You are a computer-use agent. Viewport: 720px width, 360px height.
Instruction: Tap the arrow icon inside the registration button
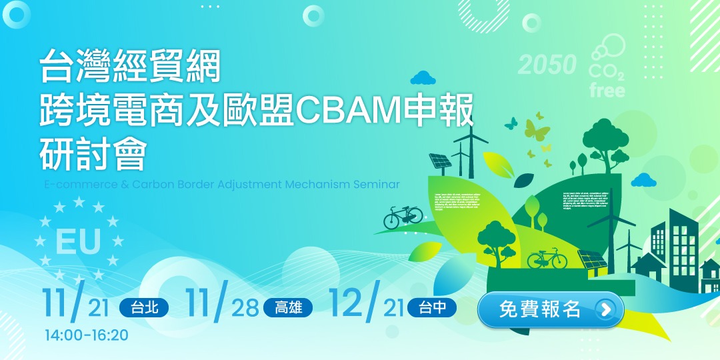605,310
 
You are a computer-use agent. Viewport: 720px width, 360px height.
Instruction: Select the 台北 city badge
144,308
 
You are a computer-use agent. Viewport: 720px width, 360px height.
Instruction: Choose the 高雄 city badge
288,308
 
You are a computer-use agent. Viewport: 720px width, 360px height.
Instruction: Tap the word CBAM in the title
347,111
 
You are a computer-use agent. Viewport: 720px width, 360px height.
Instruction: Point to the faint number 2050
547,65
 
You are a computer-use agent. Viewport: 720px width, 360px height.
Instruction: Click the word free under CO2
607,90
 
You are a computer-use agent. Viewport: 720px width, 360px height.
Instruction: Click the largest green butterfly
537,128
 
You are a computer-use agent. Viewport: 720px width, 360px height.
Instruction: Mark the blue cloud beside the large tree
643,180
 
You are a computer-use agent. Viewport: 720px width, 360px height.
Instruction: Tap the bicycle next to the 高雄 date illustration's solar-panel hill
547,259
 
